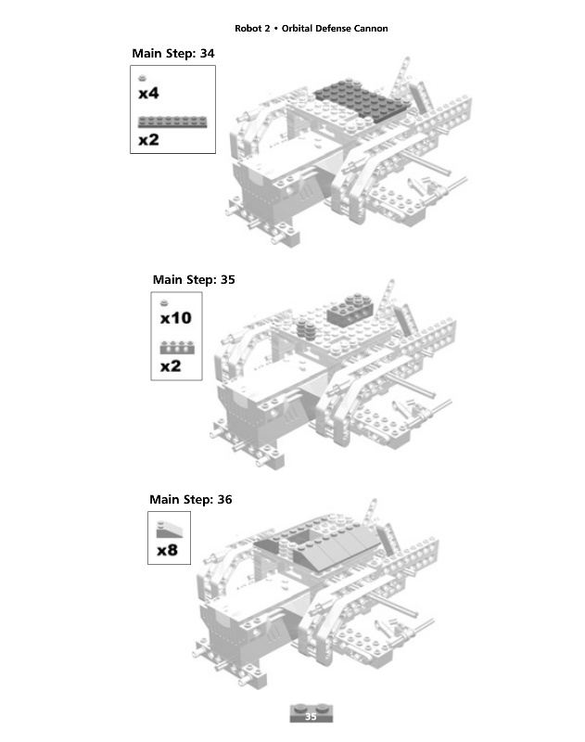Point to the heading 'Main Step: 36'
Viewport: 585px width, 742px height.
[x=191, y=499]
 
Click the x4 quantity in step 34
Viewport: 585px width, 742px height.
[x=148, y=94]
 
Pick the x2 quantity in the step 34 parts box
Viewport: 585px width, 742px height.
[x=148, y=140]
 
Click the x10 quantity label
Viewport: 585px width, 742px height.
[x=175, y=318]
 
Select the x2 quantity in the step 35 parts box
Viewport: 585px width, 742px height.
[x=170, y=366]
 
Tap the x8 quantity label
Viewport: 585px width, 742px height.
[x=167, y=550]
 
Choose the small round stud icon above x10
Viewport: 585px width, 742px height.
[x=164, y=302]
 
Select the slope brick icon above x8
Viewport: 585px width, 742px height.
[x=169, y=530]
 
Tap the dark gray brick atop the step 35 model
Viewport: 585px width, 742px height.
[x=355, y=306]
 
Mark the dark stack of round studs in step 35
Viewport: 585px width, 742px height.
[x=305, y=329]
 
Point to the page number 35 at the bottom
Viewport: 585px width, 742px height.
[x=311, y=716]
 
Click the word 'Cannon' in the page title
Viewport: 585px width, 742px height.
[x=368, y=28]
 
